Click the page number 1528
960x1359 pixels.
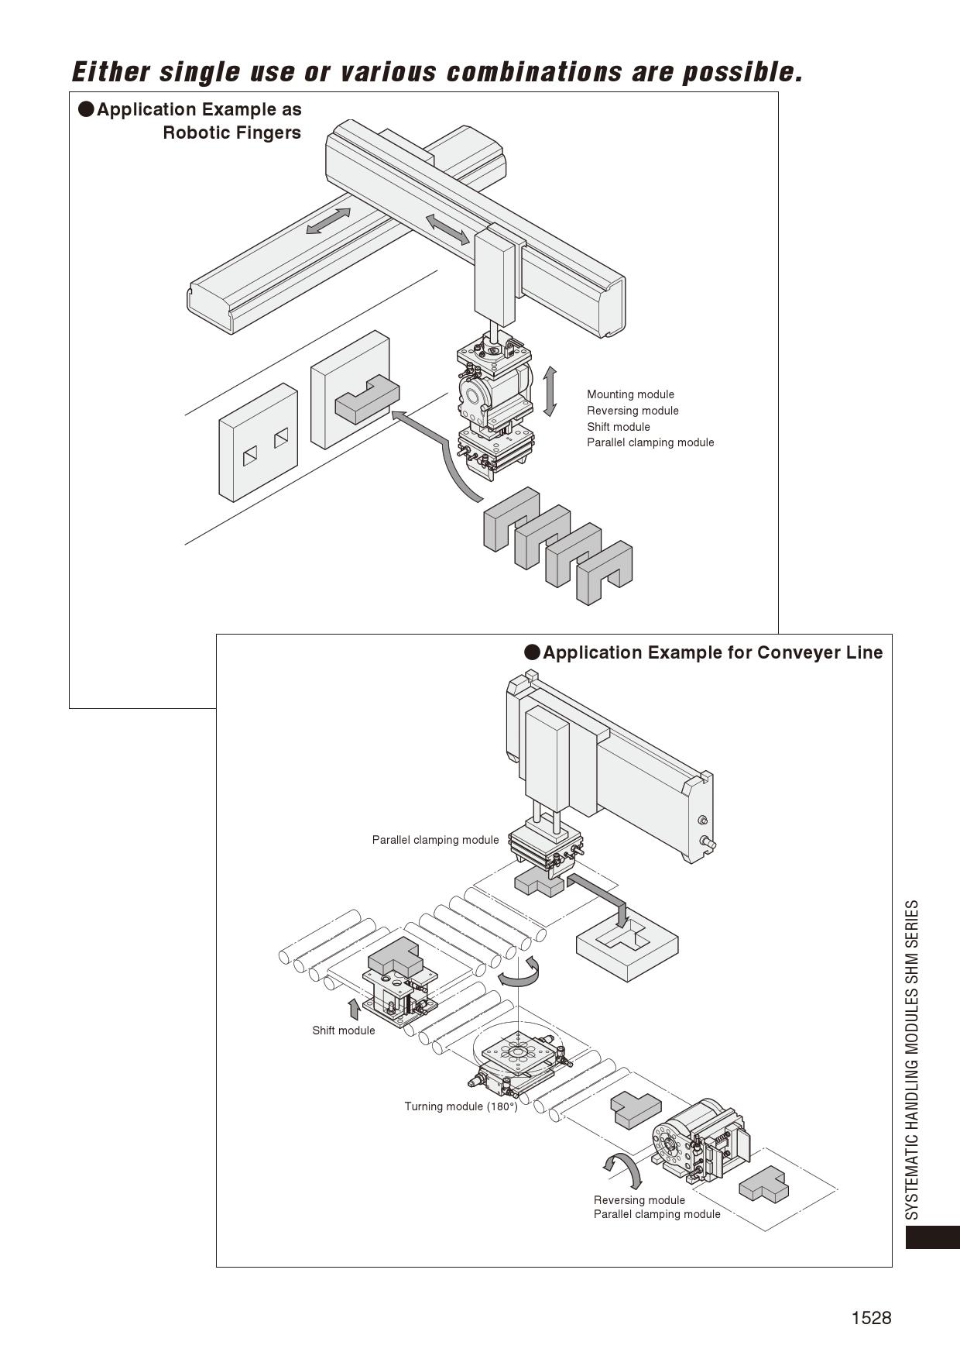(871, 1318)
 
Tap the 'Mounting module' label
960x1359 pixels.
(630, 394)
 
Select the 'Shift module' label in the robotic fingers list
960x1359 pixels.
(618, 427)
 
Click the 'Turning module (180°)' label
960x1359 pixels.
(461, 1106)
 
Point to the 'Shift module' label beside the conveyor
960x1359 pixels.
(343, 1030)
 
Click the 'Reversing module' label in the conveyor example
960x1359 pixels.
(639, 1200)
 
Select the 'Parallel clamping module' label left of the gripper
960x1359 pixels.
(435, 840)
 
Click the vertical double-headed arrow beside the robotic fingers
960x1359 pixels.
(550, 391)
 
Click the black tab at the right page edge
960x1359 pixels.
(932, 1237)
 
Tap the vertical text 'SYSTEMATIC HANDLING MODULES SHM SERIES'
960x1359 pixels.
(913, 1059)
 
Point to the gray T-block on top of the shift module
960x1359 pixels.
(394, 958)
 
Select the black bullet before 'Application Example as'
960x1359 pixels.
(86, 109)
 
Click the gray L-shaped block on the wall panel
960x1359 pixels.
(366, 398)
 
